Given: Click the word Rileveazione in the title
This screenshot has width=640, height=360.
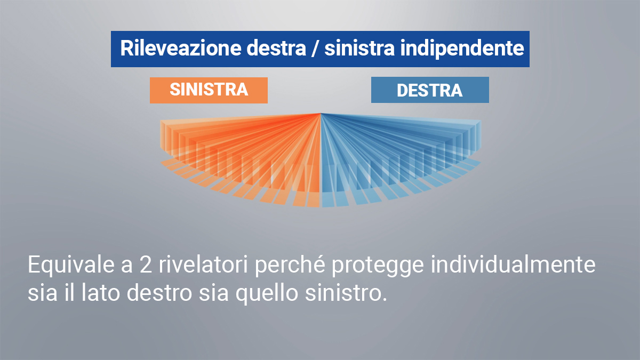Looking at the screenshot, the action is tap(181, 48).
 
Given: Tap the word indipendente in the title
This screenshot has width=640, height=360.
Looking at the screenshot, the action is tap(462, 49).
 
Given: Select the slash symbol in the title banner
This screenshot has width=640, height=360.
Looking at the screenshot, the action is tap(315, 49).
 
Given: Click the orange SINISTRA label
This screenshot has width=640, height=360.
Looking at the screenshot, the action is tap(209, 90).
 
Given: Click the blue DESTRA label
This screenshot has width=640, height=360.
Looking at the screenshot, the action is tap(430, 90).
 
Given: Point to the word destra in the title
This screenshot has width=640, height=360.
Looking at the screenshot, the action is tap(276, 48).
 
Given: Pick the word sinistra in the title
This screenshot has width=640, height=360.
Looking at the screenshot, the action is tap(359, 48).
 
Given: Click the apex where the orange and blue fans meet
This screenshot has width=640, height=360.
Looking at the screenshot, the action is tap(321, 114).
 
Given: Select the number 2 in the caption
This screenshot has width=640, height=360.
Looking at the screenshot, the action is tap(146, 265).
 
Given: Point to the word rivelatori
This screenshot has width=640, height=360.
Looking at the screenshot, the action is tap(203, 265).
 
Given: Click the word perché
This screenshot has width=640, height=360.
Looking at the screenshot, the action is tap(290, 266).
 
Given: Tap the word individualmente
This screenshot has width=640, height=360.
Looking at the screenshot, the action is tap(513, 265).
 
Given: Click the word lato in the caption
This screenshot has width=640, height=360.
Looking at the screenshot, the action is tap(101, 293).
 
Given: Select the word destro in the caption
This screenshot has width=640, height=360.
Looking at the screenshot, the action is tap(159, 293).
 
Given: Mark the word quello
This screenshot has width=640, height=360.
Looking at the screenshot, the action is tap(267, 294).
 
